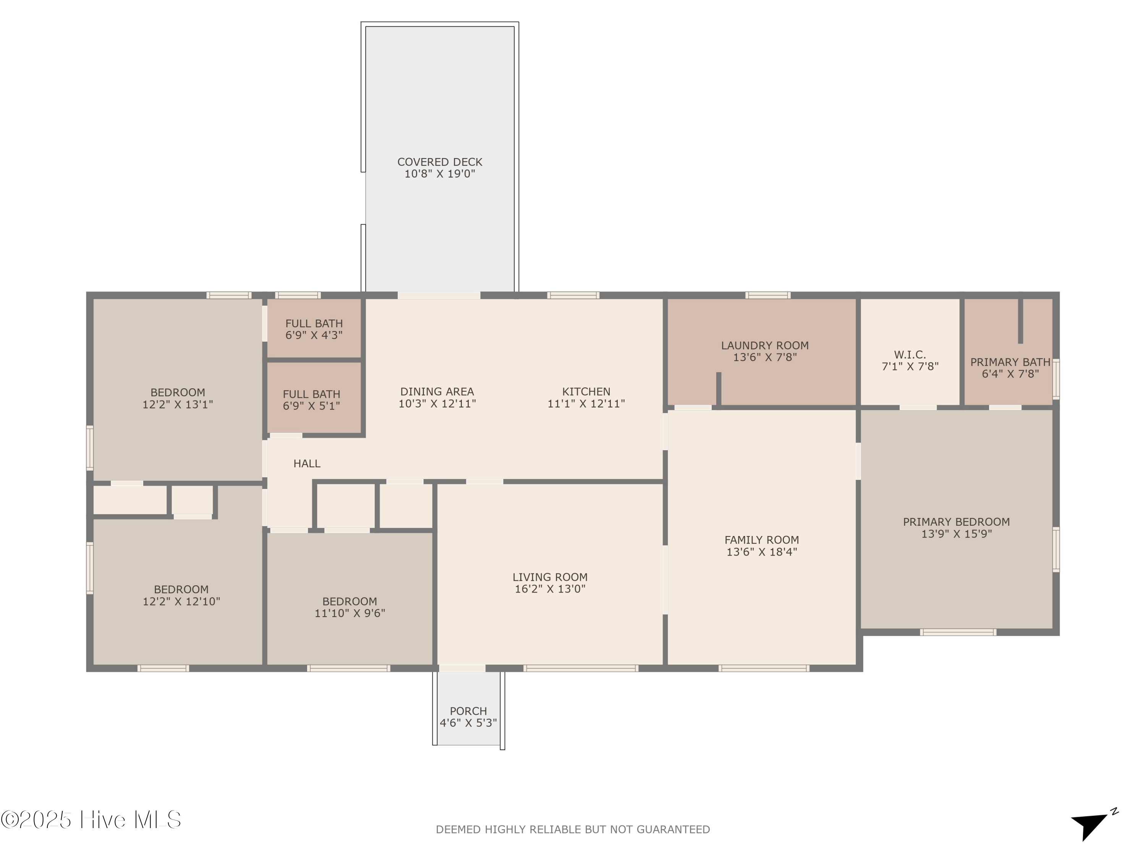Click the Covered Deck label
click(439, 162)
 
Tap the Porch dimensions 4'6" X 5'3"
click(468, 723)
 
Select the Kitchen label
click(586, 392)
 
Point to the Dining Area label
click(437, 392)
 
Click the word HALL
click(307, 464)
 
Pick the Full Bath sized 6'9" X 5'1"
click(311, 400)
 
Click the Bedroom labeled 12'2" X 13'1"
click(178, 398)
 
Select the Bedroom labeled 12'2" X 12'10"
click(181, 595)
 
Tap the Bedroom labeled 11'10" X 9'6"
click(350, 607)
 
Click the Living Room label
click(550, 577)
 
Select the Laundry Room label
click(765, 346)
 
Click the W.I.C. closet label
click(910, 355)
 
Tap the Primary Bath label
click(1010, 362)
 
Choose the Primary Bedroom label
click(956, 522)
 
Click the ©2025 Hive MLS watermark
click(91, 820)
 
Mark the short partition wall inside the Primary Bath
click(1020, 321)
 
